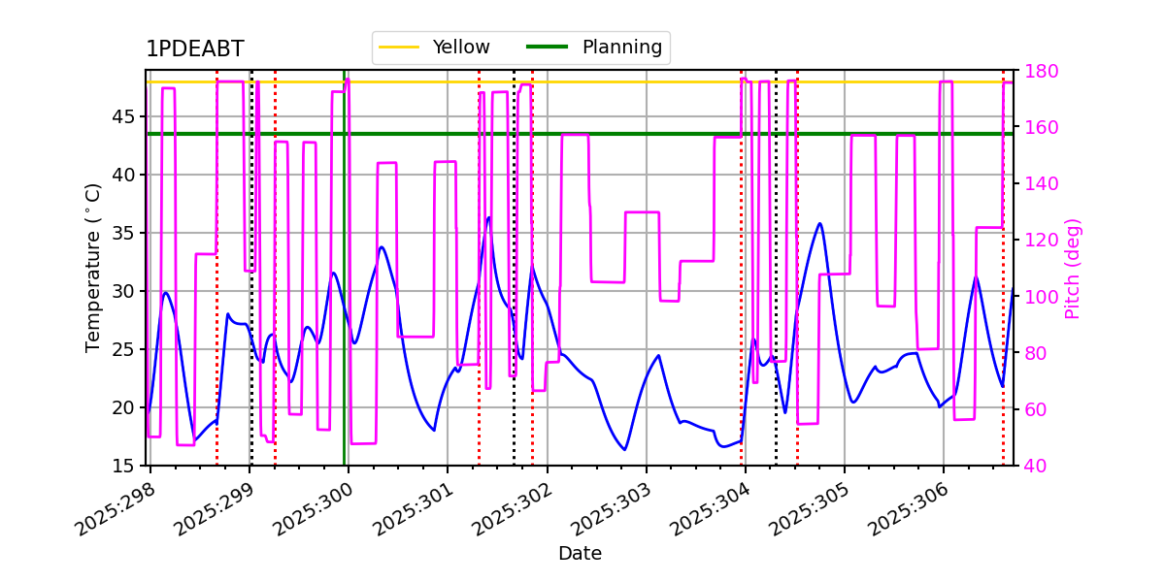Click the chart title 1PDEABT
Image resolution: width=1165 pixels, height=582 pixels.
194,48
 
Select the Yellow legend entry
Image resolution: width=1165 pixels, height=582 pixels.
434,47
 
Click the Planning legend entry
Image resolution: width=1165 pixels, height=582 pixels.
594,47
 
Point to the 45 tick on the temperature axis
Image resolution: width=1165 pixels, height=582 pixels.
123,117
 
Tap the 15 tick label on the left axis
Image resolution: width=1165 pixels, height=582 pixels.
123,467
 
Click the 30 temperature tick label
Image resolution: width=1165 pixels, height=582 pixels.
123,292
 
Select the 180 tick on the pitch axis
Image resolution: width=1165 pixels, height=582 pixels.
1041,71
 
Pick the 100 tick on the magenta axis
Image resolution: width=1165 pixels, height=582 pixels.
1041,297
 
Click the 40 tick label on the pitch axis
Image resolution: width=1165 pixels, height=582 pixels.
1036,467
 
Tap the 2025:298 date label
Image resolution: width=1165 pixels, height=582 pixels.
116,509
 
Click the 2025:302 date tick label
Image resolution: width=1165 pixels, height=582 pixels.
513,509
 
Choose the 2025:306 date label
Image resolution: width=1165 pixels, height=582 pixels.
909,509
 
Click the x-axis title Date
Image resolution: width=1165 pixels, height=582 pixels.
580,554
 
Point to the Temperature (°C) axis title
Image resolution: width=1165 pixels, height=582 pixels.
92,268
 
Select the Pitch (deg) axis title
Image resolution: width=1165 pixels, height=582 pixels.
1073,269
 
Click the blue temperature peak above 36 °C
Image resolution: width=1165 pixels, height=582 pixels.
488,217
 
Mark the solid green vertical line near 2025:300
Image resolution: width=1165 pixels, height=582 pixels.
345,268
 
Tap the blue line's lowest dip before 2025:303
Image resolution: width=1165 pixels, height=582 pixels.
624,449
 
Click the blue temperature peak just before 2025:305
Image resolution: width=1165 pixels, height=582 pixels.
820,223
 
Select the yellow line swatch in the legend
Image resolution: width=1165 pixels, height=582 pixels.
399,47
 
